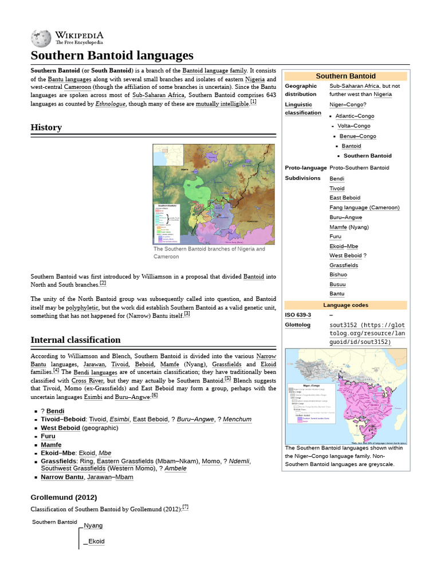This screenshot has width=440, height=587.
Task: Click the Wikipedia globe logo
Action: [x=41, y=38]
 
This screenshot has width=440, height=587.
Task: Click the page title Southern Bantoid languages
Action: [x=112, y=56]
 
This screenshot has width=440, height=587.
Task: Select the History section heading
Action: [x=46, y=127]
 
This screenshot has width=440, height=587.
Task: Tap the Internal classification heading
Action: [x=76, y=340]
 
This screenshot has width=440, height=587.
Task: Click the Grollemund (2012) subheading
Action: [x=64, y=497]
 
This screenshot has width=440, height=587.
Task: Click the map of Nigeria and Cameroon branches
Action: [x=213, y=194]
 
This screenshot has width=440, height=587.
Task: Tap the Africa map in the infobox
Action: [x=345, y=396]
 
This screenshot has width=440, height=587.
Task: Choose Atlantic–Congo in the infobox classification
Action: [x=355, y=116]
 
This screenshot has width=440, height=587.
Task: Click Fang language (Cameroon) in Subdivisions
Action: [x=364, y=208]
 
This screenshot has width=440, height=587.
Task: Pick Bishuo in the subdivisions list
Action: [x=338, y=275]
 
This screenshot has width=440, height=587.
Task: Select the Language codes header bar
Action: [x=345, y=305]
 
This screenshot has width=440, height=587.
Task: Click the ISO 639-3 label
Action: [x=298, y=315]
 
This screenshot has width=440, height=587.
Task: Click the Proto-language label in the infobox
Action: [x=305, y=168]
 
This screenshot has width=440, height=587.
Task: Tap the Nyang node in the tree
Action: [x=93, y=525]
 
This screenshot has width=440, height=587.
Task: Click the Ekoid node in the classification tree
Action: [x=96, y=541]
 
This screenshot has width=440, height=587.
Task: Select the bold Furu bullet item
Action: [x=48, y=436]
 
